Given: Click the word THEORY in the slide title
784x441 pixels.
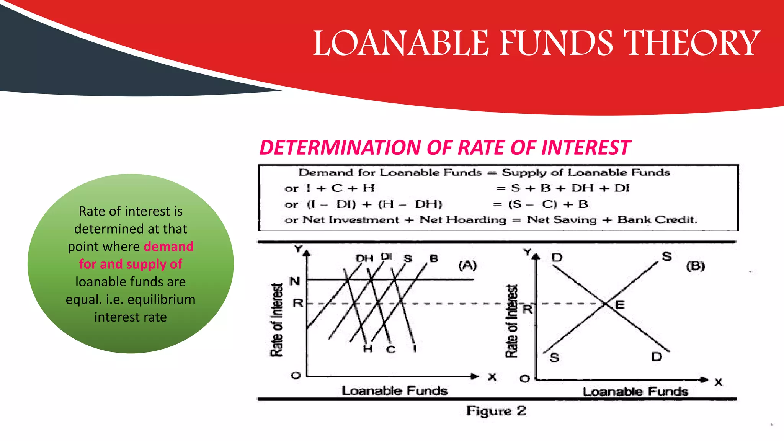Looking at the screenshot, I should pyautogui.click(x=692, y=43).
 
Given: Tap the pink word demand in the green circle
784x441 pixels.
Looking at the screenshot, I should pyautogui.click(x=168, y=247).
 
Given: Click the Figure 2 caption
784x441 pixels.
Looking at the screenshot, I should pyautogui.click(x=496, y=411).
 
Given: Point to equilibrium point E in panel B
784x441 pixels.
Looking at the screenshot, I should pyautogui.click(x=606, y=304).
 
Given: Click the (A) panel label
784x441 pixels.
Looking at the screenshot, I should pyautogui.click(x=467, y=265).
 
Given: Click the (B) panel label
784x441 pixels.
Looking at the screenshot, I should pyautogui.click(x=695, y=266).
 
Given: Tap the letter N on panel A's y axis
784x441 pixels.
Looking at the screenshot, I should pyautogui.click(x=294, y=281).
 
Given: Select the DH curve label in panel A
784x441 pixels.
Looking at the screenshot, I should pyautogui.click(x=364, y=259).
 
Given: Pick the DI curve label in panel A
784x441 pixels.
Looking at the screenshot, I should pyautogui.click(x=386, y=256).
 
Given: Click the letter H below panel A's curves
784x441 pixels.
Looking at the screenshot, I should pyautogui.click(x=367, y=349).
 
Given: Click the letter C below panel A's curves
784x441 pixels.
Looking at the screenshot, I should pyautogui.click(x=390, y=350).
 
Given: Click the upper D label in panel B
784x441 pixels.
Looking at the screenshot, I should pyautogui.click(x=557, y=258).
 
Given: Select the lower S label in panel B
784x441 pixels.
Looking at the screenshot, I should pyautogui.click(x=554, y=358).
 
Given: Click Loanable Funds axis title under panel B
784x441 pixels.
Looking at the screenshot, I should pyautogui.click(x=635, y=392).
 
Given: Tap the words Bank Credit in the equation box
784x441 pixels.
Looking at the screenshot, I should pyautogui.click(x=657, y=220).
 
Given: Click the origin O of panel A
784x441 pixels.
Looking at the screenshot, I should pyautogui.click(x=296, y=376).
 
